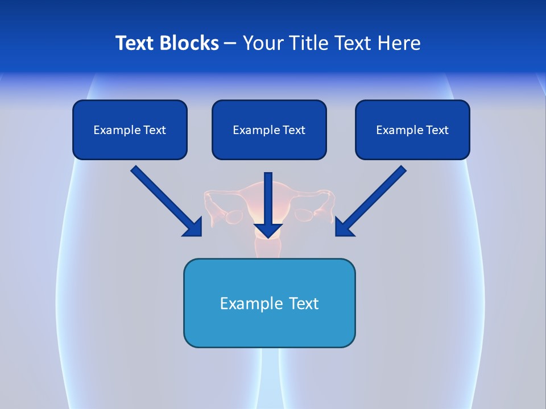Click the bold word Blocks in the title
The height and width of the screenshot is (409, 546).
click(189, 43)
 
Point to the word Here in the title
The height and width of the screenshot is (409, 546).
click(399, 43)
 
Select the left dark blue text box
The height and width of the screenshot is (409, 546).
click(130, 130)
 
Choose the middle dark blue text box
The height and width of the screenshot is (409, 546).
click(269, 130)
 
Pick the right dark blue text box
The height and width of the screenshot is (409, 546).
click(413, 130)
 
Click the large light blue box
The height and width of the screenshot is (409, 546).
click(270, 303)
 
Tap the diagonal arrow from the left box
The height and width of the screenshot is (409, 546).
click(167, 201)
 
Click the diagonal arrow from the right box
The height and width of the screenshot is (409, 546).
click(371, 201)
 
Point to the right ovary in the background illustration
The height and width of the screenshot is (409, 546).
click(304, 215)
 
